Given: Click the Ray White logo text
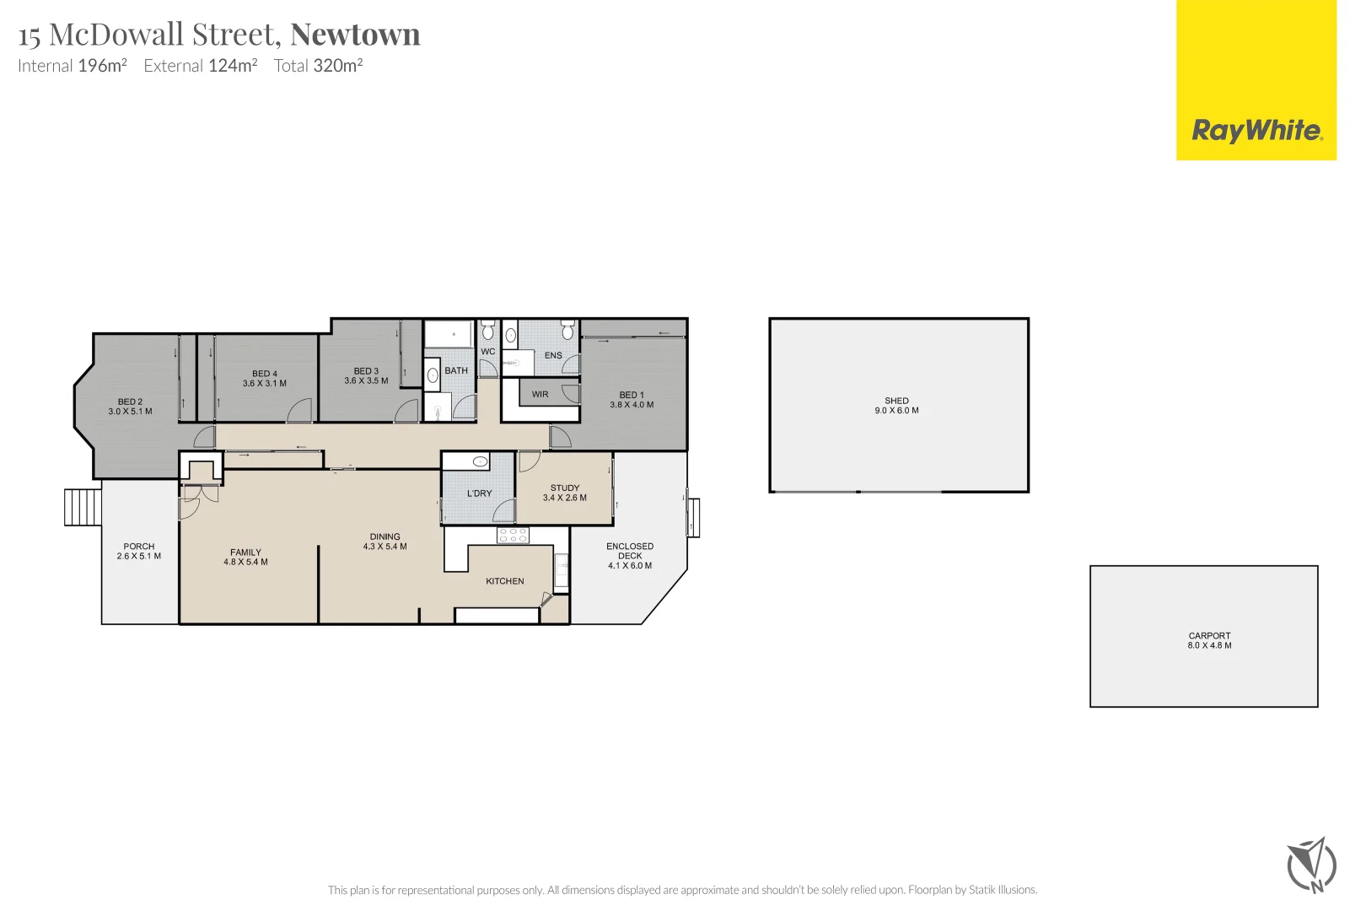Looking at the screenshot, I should (x=1256, y=130).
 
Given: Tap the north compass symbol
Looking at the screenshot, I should (x=1311, y=865).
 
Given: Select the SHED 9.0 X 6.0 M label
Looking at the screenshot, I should (x=896, y=406).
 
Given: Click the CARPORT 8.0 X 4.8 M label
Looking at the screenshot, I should (x=1209, y=640).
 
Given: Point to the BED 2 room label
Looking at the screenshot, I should (x=130, y=407).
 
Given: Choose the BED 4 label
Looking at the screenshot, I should (x=264, y=378).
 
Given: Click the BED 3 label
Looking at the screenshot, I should (x=366, y=375).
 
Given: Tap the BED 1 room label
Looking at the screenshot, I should (x=632, y=399).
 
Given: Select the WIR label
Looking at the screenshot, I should (x=540, y=394).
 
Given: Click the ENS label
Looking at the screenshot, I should (x=553, y=355).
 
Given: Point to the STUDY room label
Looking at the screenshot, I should (x=565, y=493).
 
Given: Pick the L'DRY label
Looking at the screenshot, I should (x=479, y=493).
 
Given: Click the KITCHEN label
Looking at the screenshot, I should (x=504, y=581).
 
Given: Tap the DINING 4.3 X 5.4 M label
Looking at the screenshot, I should (x=385, y=542).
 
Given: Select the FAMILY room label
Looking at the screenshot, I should (x=245, y=557).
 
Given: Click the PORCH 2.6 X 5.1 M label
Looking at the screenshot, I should (x=138, y=551).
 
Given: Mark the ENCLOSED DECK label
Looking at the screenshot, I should (x=630, y=556).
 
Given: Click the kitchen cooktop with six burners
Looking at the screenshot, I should (x=513, y=535).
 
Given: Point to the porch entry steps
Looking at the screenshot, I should (x=83, y=507).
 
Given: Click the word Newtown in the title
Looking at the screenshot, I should (x=355, y=35).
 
